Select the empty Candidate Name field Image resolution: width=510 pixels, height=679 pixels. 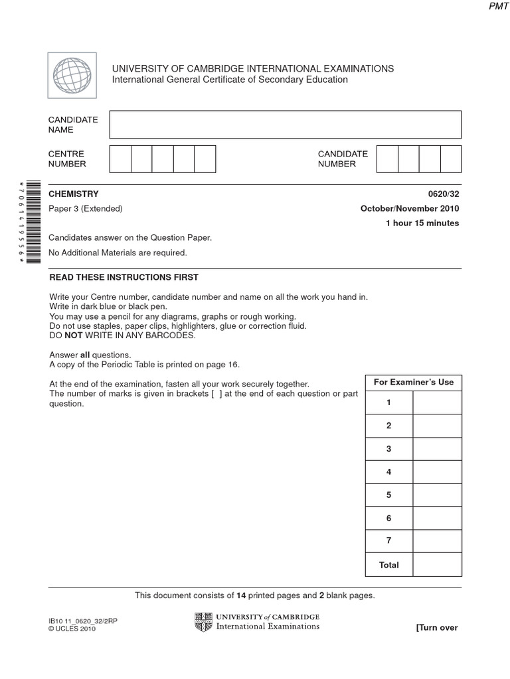[x=285, y=125]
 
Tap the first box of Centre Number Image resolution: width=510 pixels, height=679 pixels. [x=120, y=159]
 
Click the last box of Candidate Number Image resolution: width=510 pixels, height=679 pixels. [x=450, y=159]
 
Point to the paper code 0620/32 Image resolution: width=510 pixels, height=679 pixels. [x=445, y=194]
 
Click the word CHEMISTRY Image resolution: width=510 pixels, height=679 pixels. [x=74, y=194]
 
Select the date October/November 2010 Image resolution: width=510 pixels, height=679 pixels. [x=410, y=209]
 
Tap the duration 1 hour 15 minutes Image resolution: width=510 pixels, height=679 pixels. [x=422, y=223]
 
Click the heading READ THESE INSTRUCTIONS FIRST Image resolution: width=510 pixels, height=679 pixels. [x=124, y=277]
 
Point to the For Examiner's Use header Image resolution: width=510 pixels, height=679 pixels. [x=414, y=382]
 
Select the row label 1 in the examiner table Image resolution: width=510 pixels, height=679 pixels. [x=389, y=402]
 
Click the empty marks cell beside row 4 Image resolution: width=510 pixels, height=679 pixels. [x=437, y=472]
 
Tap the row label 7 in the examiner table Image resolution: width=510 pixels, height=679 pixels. [x=389, y=541]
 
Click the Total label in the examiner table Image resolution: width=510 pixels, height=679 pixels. [x=389, y=565]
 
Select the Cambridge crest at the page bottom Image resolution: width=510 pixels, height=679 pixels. [x=203, y=622]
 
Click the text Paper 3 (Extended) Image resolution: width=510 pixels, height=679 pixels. [x=86, y=209]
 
